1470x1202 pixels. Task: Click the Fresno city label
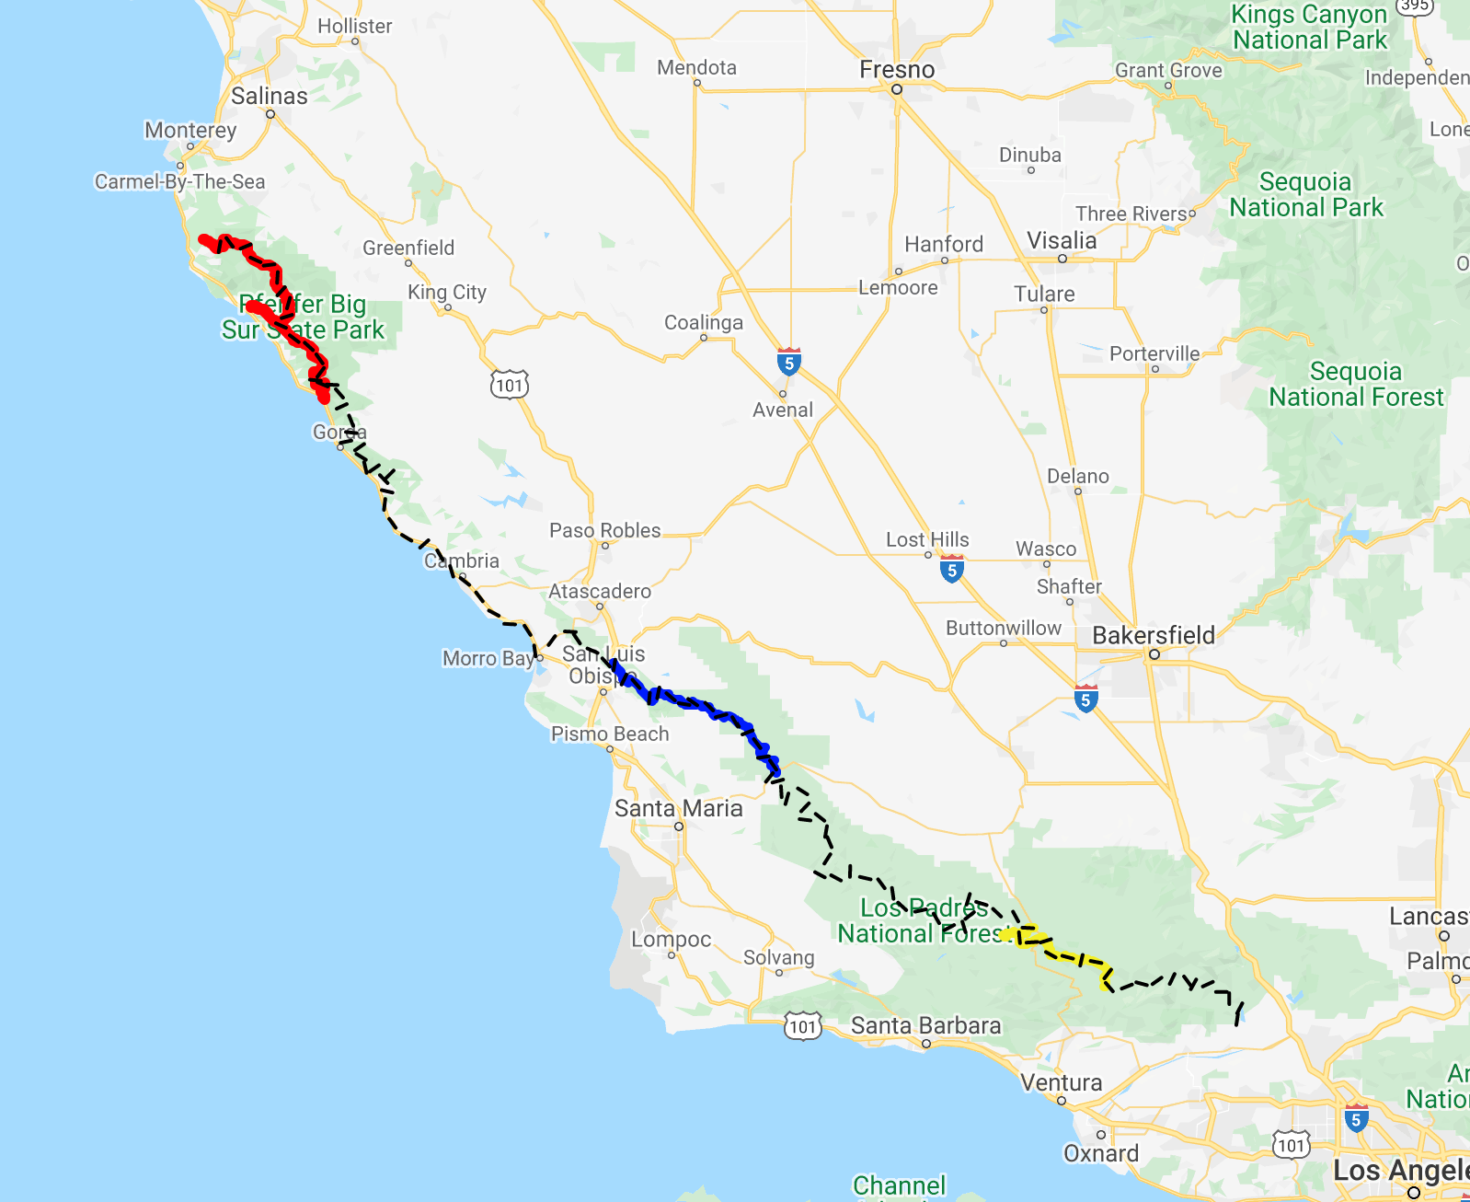point(897,70)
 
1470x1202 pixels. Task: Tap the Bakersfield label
point(1154,635)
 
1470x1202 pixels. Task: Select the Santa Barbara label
point(925,1025)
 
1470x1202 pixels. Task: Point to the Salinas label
point(269,96)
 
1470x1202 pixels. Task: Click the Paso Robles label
point(604,530)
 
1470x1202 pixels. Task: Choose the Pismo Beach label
point(610,734)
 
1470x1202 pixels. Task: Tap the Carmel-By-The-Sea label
point(179,181)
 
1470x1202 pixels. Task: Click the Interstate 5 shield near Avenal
point(788,362)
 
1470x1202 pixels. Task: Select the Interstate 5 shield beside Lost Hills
point(952,569)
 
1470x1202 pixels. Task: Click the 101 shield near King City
point(510,385)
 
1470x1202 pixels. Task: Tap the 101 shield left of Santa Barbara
point(802,1026)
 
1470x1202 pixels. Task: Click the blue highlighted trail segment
point(699,707)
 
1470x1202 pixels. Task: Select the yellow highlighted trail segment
point(1067,955)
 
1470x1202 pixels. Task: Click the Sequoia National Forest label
point(1356,384)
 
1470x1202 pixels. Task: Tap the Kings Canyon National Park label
point(1309,27)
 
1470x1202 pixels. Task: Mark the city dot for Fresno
point(896,89)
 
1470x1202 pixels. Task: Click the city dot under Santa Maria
point(679,826)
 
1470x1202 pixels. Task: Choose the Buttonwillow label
point(1004,628)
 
